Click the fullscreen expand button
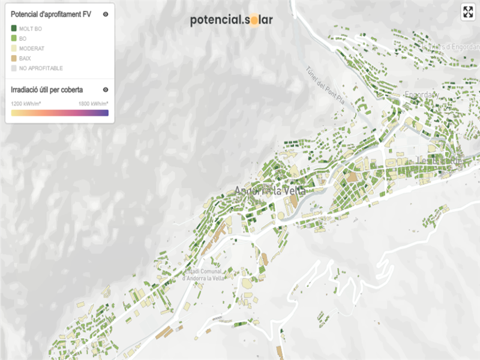[467, 12]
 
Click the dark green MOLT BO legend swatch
[14, 28]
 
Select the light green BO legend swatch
[14, 38]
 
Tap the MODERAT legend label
[32, 48]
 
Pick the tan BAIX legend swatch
[14, 58]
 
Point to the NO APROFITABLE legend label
[41, 68]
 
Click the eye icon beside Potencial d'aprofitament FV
[106, 14]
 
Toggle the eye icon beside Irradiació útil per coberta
[106, 90]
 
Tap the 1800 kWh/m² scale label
[93, 103]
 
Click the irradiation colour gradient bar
[59, 112]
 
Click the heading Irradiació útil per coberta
[47, 90]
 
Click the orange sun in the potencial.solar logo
[254, 20]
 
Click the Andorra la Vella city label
[270, 190]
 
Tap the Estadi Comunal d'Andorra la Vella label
[203, 274]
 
